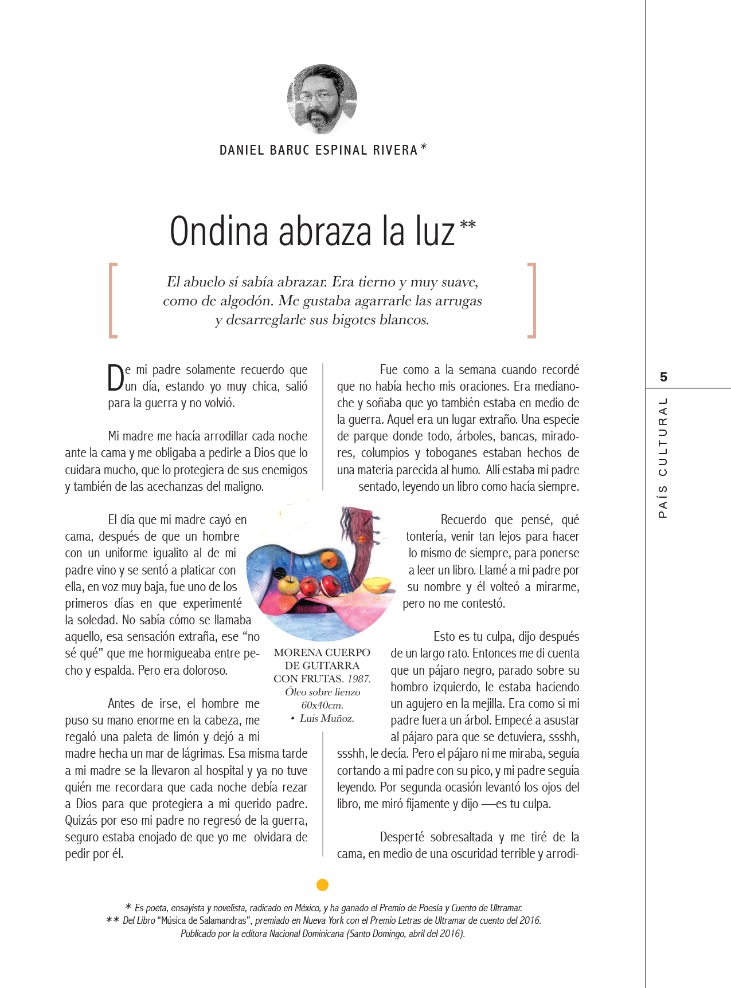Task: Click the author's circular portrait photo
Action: pos(322,99)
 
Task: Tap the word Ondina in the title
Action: pos(219,232)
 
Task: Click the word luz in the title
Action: pos(435,232)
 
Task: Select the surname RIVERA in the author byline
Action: pos(395,151)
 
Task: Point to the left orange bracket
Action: pos(113,300)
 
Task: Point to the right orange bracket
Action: pos(532,300)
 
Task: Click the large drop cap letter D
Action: pos(115,378)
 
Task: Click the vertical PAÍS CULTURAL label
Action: pos(663,458)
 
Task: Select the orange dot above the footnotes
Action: pos(322,885)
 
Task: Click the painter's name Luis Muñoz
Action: pos(327,718)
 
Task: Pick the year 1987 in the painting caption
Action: pos(359,679)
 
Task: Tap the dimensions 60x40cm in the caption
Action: pos(322,705)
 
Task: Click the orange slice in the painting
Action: pos(378,585)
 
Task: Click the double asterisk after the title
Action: pos(468,225)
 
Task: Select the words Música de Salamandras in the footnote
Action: pos(205,920)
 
